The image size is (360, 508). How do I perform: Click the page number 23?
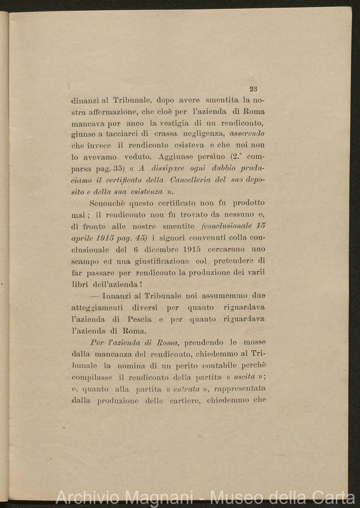pos(253,89)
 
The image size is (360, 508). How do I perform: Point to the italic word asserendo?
pos(247,134)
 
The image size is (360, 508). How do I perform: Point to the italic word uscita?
pos(244,377)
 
